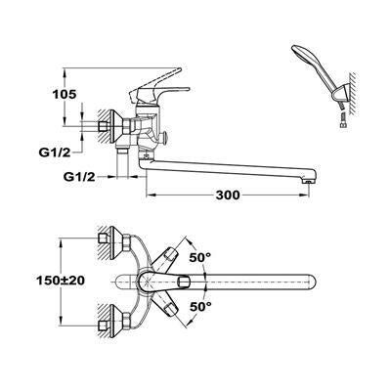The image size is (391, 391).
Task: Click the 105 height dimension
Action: click(65, 95)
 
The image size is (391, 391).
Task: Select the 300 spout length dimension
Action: click(228, 195)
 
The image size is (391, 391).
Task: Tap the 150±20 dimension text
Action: click(61, 281)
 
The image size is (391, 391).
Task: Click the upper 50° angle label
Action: click(200, 257)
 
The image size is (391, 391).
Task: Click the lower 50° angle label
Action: click(200, 306)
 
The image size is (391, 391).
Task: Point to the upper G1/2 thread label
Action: click(56, 152)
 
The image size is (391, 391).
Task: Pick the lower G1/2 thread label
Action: click(79, 177)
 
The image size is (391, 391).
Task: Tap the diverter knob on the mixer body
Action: click(164, 137)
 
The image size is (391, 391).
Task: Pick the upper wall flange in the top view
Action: click(116, 241)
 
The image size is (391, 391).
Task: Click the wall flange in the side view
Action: click(116, 126)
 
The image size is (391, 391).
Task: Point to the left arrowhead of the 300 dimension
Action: click(151, 195)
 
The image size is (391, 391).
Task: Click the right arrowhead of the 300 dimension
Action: click(304, 195)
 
